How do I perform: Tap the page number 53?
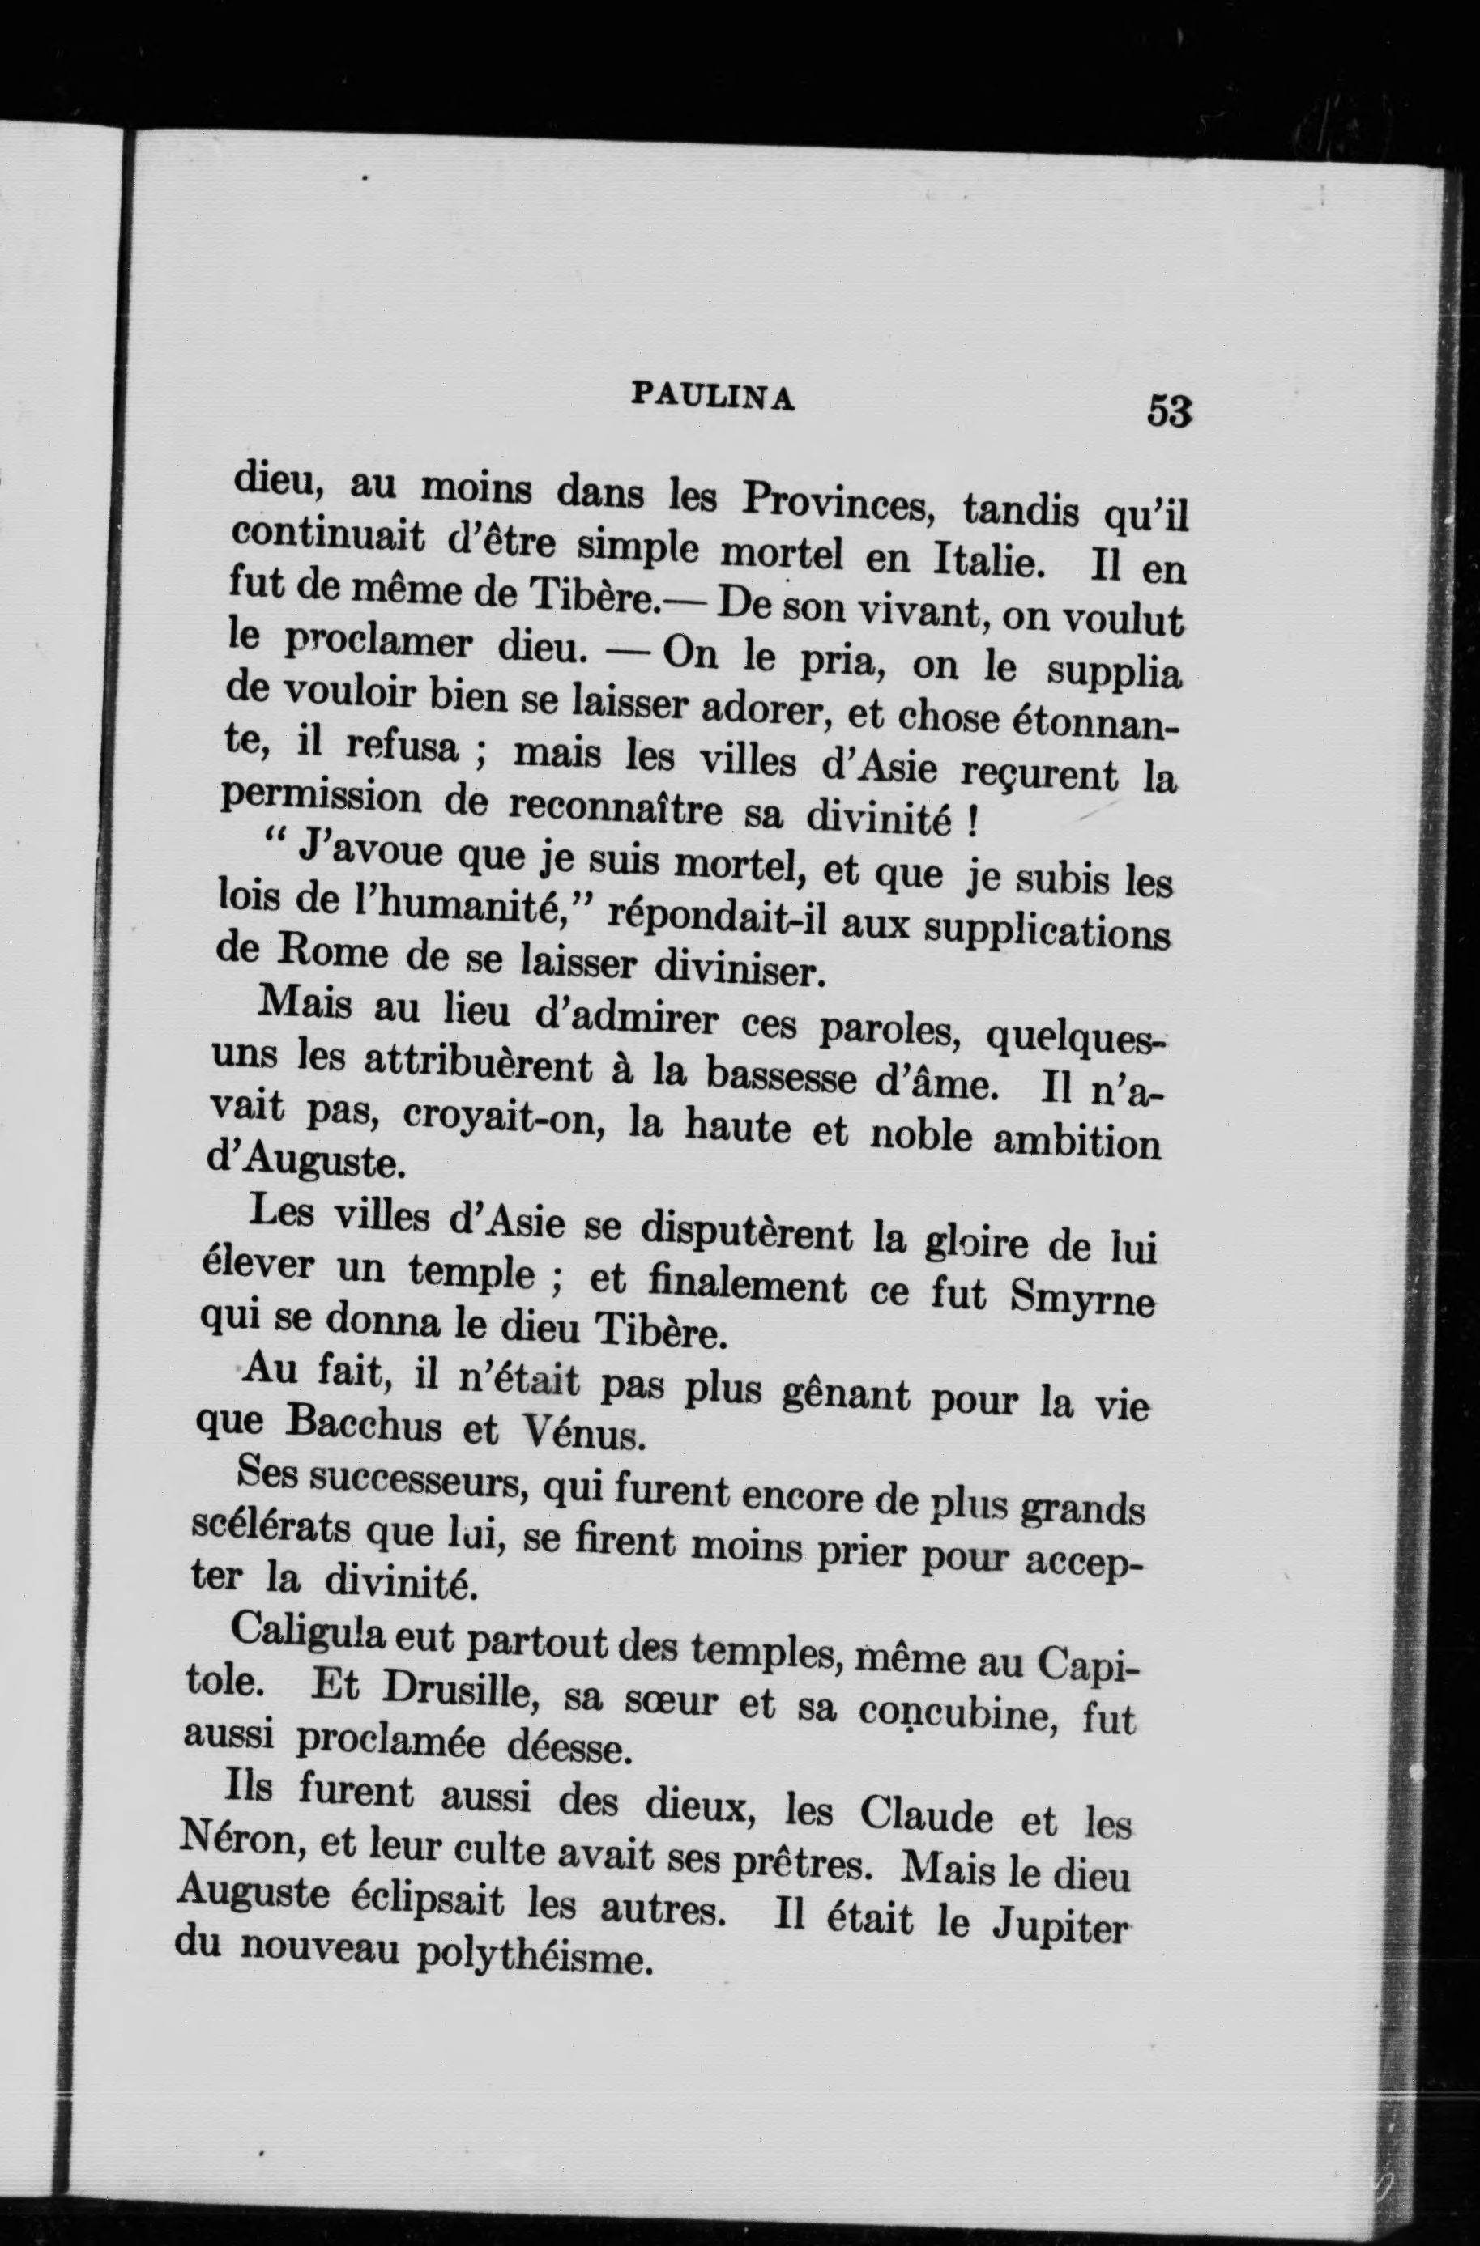[x=1170, y=411]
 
